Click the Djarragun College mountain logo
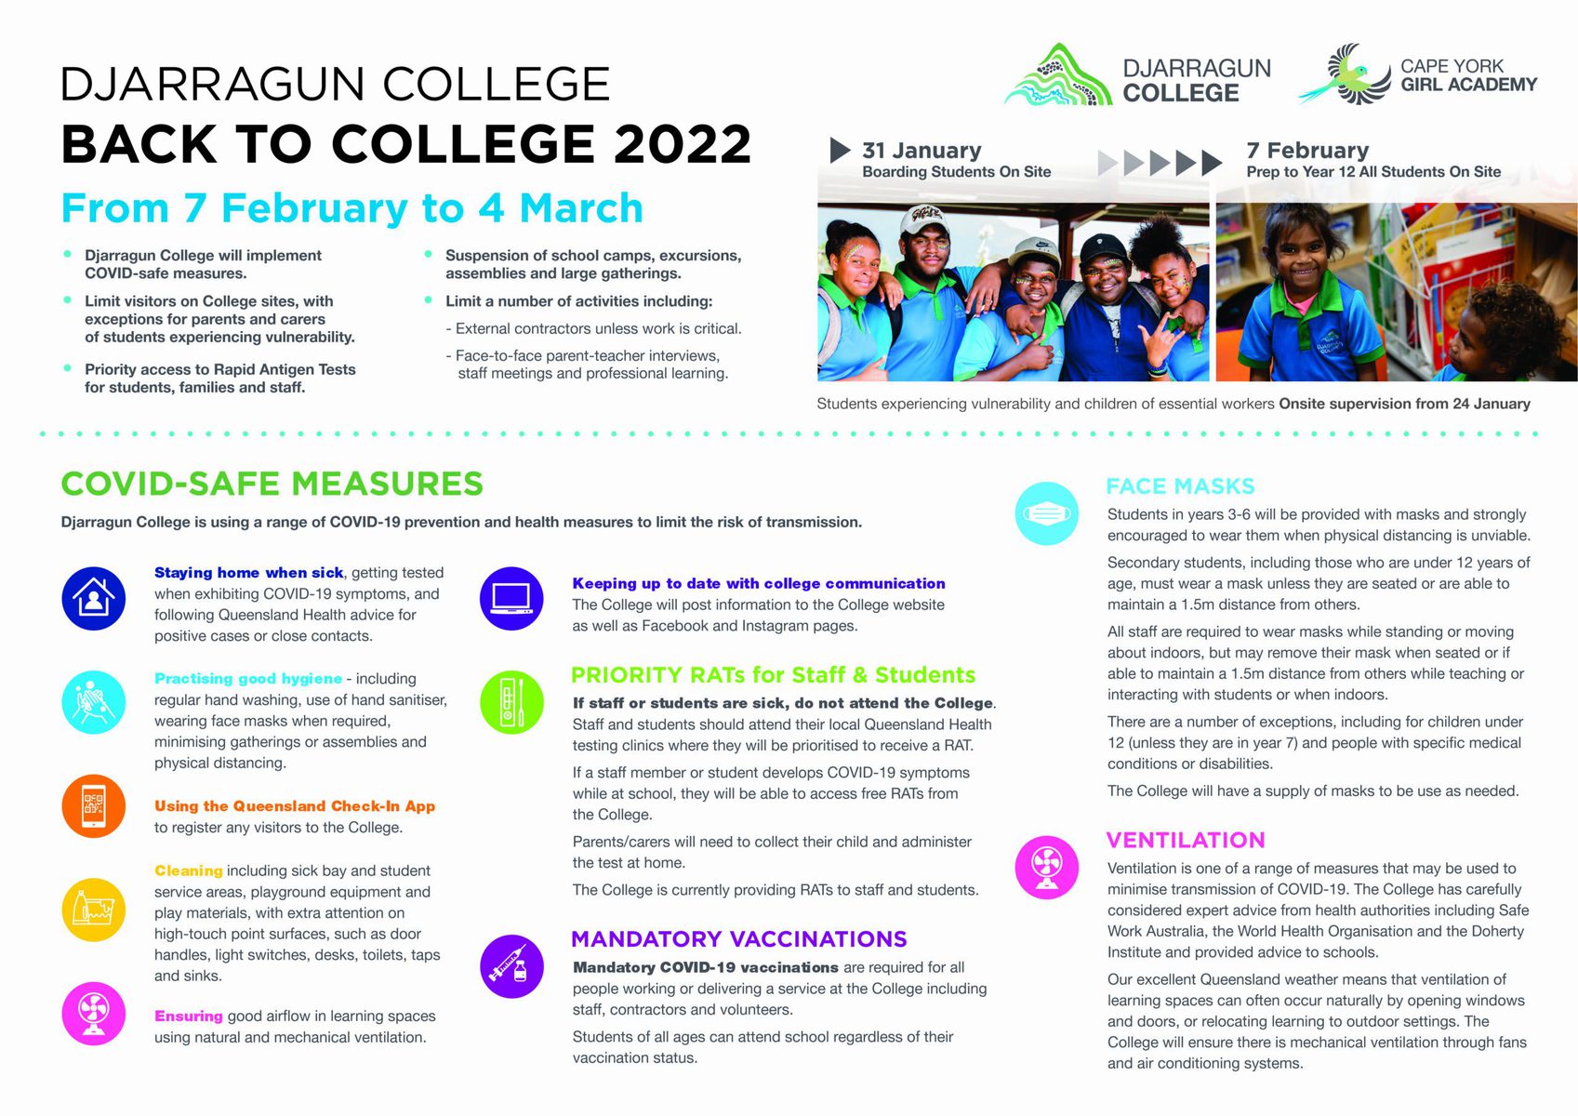pyautogui.click(x=1058, y=76)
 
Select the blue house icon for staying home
pyautogui.click(x=94, y=599)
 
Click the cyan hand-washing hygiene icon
pyautogui.click(x=94, y=702)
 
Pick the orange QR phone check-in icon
pyautogui.click(x=94, y=806)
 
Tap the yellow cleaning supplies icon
pyautogui.click(x=94, y=910)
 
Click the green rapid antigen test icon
pyautogui.click(x=511, y=702)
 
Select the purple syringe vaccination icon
pyautogui.click(x=511, y=966)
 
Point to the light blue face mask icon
pyautogui.click(x=1047, y=512)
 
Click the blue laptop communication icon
pyautogui.click(x=511, y=598)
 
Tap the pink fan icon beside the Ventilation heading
pyautogui.click(x=1047, y=867)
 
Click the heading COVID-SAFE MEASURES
pyautogui.click(x=272, y=485)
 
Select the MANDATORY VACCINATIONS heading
pyautogui.click(x=739, y=939)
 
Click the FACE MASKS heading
pyautogui.click(x=1180, y=486)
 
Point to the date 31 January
pyautogui.click(x=922, y=151)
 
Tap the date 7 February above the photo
pyautogui.click(x=1307, y=151)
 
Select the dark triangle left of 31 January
pyautogui.click(x=840, y=150)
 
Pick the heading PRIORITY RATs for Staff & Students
pyautogui.click(x=774, y=675)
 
